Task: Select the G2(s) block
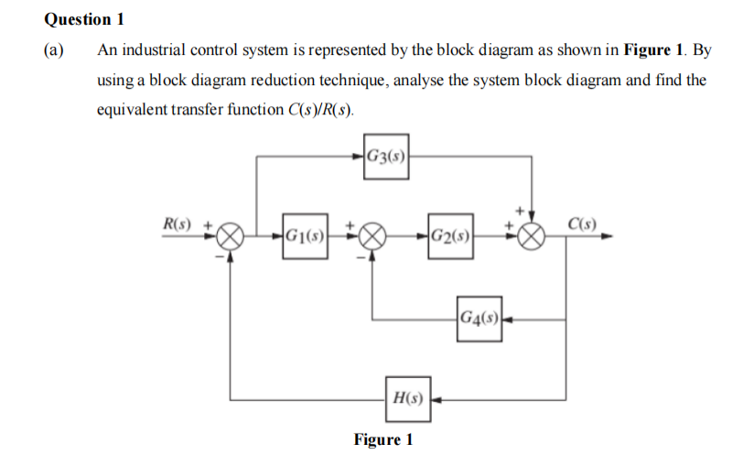point(449,239)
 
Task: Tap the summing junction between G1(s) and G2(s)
point(372,239)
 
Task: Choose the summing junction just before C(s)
point(532,239)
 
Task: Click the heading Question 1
point(83,19)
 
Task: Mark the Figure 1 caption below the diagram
point(383,440)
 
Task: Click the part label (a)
point(54,50)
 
